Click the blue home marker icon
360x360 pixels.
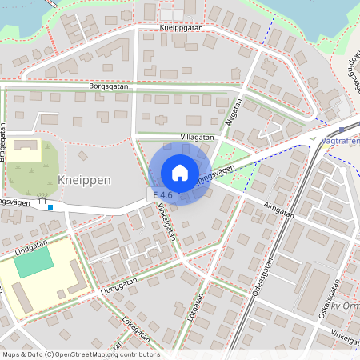click(x=180, y=172)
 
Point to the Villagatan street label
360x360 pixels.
click(x=197, y=138)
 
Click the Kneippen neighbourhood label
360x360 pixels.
click(x=84, y=181)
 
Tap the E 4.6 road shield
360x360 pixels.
click(x=161, y=195)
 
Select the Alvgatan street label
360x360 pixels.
click(x=234, y=111)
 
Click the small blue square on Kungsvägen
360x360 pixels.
click(x=50, y=207)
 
